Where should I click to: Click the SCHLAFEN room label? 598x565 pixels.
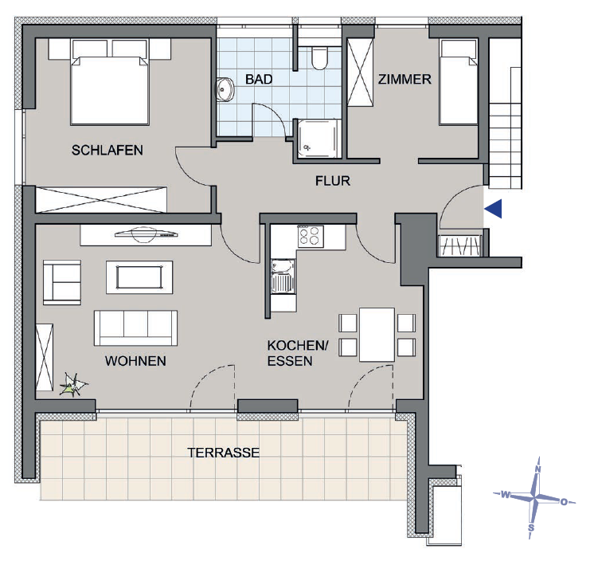pyautogui.click(x=107, y=150)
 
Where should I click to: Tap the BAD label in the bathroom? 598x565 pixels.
pyautogui.click(x=258, y=80)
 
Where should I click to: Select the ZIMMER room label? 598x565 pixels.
pyautogui.click(x=405, y=80)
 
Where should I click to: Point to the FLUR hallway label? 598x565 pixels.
pyautogui.click(x=332, y=181)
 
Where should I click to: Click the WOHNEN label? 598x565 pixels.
pyautogui.click(x=135, y=361)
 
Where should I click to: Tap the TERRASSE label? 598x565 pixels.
pyautogui.click(x=223, y=453)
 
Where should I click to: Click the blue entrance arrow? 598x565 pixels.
pyautogui.click(x=494, y=209)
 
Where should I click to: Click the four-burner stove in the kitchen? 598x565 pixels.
pyautogui.click(x=310, y=236)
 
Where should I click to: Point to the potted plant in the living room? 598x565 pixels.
pyautogui.click(x=72, y=387)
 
